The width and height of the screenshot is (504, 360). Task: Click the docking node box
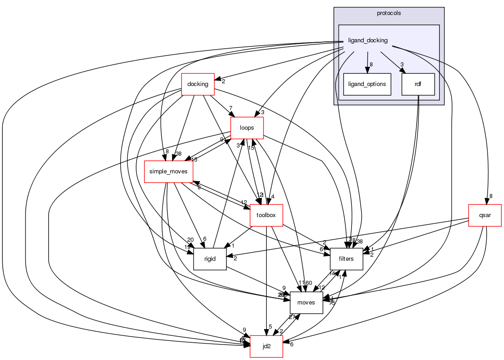[198, 84]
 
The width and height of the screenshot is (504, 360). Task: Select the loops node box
[248, 128]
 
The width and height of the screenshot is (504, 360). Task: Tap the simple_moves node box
[168, 172]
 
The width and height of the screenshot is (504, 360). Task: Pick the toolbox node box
[266, 215]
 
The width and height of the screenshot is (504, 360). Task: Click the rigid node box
[210, 259]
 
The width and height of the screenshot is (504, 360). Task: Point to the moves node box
[306, 303]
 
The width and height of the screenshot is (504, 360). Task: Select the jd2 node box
[266, 346]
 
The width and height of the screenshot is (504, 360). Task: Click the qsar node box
[485, 215]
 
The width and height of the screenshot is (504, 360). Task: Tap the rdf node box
[418, 84]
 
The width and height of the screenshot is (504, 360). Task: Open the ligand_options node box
[367, 84]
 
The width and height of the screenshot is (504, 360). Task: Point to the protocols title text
[389, 13]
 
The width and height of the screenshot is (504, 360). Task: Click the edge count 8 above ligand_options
[371, 64]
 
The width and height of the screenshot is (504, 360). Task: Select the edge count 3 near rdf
[402, 64]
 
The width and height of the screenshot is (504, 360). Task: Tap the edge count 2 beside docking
[224, 81]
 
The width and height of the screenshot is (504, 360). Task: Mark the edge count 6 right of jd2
[291, 345]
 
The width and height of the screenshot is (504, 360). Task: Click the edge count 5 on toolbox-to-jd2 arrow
[270, 326]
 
